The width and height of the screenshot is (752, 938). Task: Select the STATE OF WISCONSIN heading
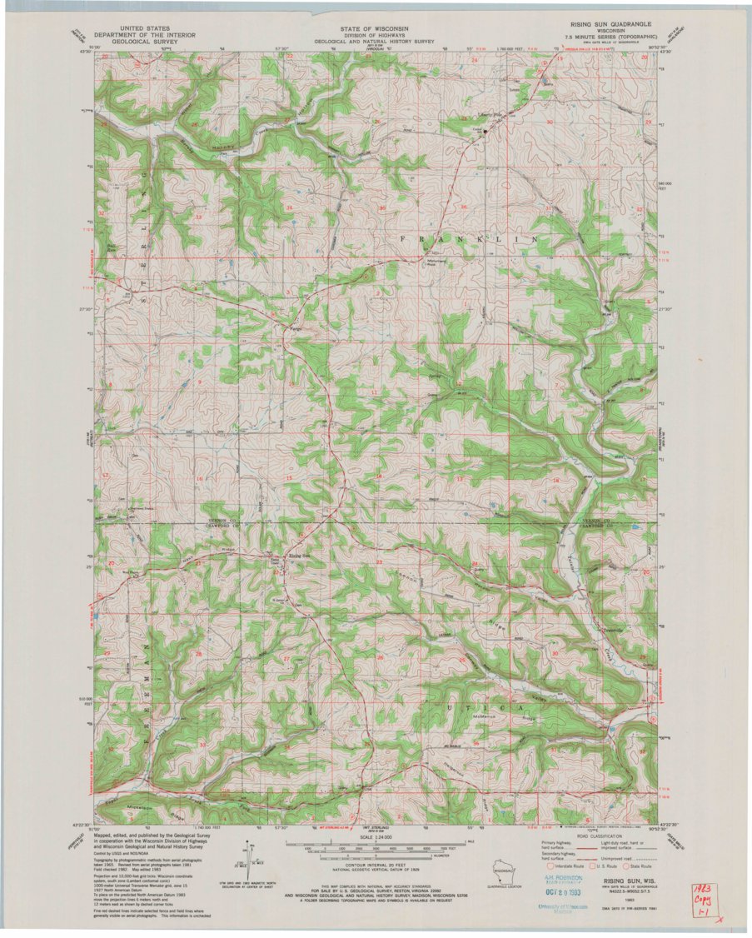375,26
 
